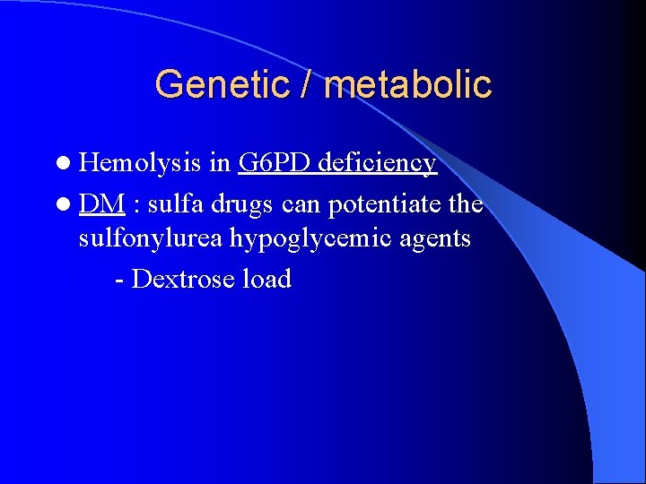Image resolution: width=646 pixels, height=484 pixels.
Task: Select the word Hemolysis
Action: pos(139,162)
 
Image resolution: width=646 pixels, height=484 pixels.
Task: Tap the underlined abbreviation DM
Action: pos(100,203)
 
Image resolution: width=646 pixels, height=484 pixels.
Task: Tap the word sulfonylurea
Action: pos(150,239)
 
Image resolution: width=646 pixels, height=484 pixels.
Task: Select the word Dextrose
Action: pos(183,279)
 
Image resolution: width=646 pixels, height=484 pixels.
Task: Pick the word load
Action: pos(266,279)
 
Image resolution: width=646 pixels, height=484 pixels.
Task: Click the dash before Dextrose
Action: pos(120,281)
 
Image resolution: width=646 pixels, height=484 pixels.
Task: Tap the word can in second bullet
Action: pos(301,205)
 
